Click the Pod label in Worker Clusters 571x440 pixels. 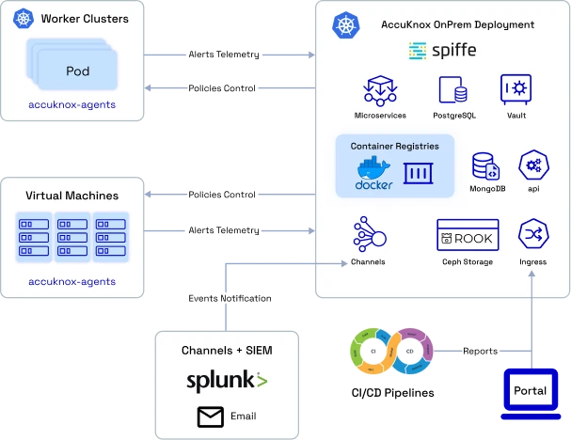click(78, 71)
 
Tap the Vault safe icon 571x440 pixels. click(515, 89)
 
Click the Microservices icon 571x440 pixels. click(380, 90)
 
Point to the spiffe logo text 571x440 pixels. click(442, 50)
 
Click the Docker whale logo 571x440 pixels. click(373, 170)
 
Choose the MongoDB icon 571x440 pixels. click(486, 166)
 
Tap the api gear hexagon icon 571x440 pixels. click(533, 165)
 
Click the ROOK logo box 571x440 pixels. click(468, 235)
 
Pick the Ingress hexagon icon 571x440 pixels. click(533, 234)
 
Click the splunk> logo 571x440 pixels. click(227, 381)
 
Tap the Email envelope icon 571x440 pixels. click(209, 416)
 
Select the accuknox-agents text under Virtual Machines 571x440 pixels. click(72, 281)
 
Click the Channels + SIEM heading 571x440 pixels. click(227, 350)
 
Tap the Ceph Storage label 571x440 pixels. click(468, 261)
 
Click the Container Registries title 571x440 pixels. click(394, 147)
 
